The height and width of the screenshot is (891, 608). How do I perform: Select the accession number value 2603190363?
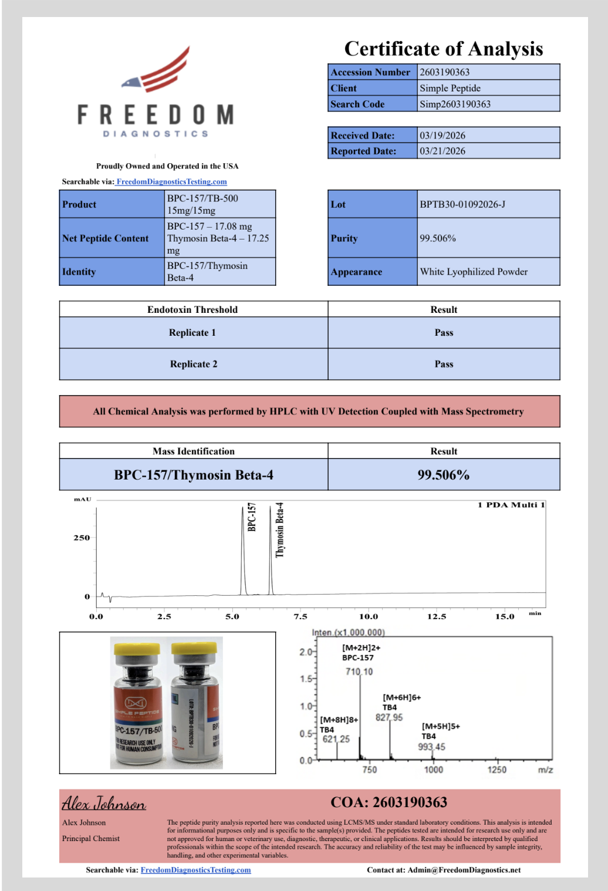pyautogui.click(x=444, y=72)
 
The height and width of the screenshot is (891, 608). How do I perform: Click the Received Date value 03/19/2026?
pyautogui.click(x=442, y=135)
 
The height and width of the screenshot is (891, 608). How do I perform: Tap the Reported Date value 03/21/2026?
pyautogui.click(x=442, y=151)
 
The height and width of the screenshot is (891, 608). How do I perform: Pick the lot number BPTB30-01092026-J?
pyautogui.click(x=462, y=204)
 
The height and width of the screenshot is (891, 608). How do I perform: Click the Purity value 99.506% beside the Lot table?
pyautogui.click(x=437, y=238)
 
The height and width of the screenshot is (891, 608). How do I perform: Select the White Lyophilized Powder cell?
pyautogui.click(x=473, y=272)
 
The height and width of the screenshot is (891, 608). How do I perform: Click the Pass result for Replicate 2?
pyautogui.click(x=444, y=364)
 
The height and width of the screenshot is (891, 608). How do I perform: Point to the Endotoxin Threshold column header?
pyautogui.click(x=192, y=309)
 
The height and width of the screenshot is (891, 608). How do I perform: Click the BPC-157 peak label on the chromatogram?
pyautogui.click(x=252, y=517)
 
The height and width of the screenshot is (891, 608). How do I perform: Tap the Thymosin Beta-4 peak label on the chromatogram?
pyautogui.click(x=280, y=529)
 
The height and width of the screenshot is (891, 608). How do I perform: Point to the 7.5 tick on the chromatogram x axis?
pyautogui.click(x=300, y=616)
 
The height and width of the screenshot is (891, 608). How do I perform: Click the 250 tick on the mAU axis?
pyautogui.click(x=82, y=538)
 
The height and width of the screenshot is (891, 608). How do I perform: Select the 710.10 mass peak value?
pyautogui.click(x=359, y=671)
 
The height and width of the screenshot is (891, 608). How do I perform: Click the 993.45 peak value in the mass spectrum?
pyautogui.click(x=431, y=747)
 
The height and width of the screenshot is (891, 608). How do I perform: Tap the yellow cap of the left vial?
pyautogui.click(x=137, y=649)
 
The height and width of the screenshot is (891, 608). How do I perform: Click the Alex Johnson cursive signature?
pyautogui.click(x=104, y=803)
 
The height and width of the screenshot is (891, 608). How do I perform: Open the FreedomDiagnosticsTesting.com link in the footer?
pyautogui.click(x=195, y=870)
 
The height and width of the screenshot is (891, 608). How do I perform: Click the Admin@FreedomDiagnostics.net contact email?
pyautogui.click(x=464, y=870)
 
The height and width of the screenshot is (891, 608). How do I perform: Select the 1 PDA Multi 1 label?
pyautogui.click(x=511, y=505)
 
